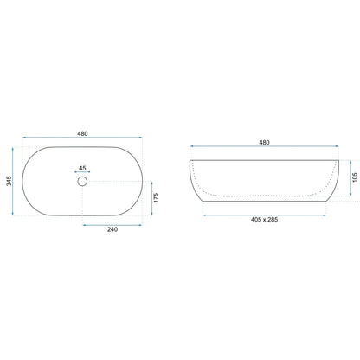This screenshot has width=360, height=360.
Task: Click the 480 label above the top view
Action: click(x=82, y=133)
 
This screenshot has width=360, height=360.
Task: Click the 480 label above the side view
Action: click(x=264, y=142)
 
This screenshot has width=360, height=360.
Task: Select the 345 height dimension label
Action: click(x=9, y=181)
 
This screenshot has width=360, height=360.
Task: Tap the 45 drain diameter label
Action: click(x=82, y=168)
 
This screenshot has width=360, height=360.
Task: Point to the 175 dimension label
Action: click(x=156, y=197)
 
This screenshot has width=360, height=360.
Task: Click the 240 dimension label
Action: click(x=112, y=229)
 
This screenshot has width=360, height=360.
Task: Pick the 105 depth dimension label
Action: click(x=355, y=177)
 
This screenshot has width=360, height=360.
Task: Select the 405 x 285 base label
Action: click(x=264, y=220)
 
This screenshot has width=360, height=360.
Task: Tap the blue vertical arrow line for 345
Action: click(x=13, y=181)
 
